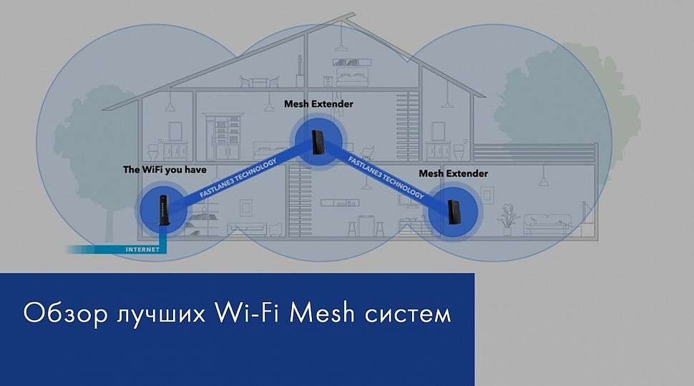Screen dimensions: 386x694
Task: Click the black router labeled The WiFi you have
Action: click(x=162, y=211)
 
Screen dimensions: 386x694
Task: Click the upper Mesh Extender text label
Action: click(x=318, y=104)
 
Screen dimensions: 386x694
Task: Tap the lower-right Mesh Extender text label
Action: click(x=453, y=173)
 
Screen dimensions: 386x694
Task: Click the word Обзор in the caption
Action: click(x=64, y=314)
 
